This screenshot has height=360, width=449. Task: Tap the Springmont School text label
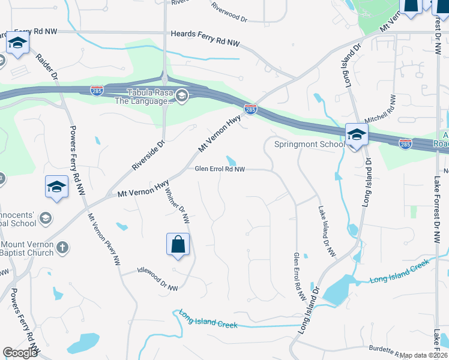[x=309, y=144]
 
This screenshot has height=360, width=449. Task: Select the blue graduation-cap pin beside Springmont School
[x=356, y=135]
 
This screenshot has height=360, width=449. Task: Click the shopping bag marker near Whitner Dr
[x=178, y=244]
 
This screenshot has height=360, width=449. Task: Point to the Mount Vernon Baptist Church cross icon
[x=62, y=247]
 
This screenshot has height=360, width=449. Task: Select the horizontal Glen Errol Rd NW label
[x=220, y=169]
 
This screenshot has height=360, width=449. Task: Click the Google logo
[x=20, y=353]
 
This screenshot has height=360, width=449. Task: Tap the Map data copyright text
[x=424, y=355]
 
